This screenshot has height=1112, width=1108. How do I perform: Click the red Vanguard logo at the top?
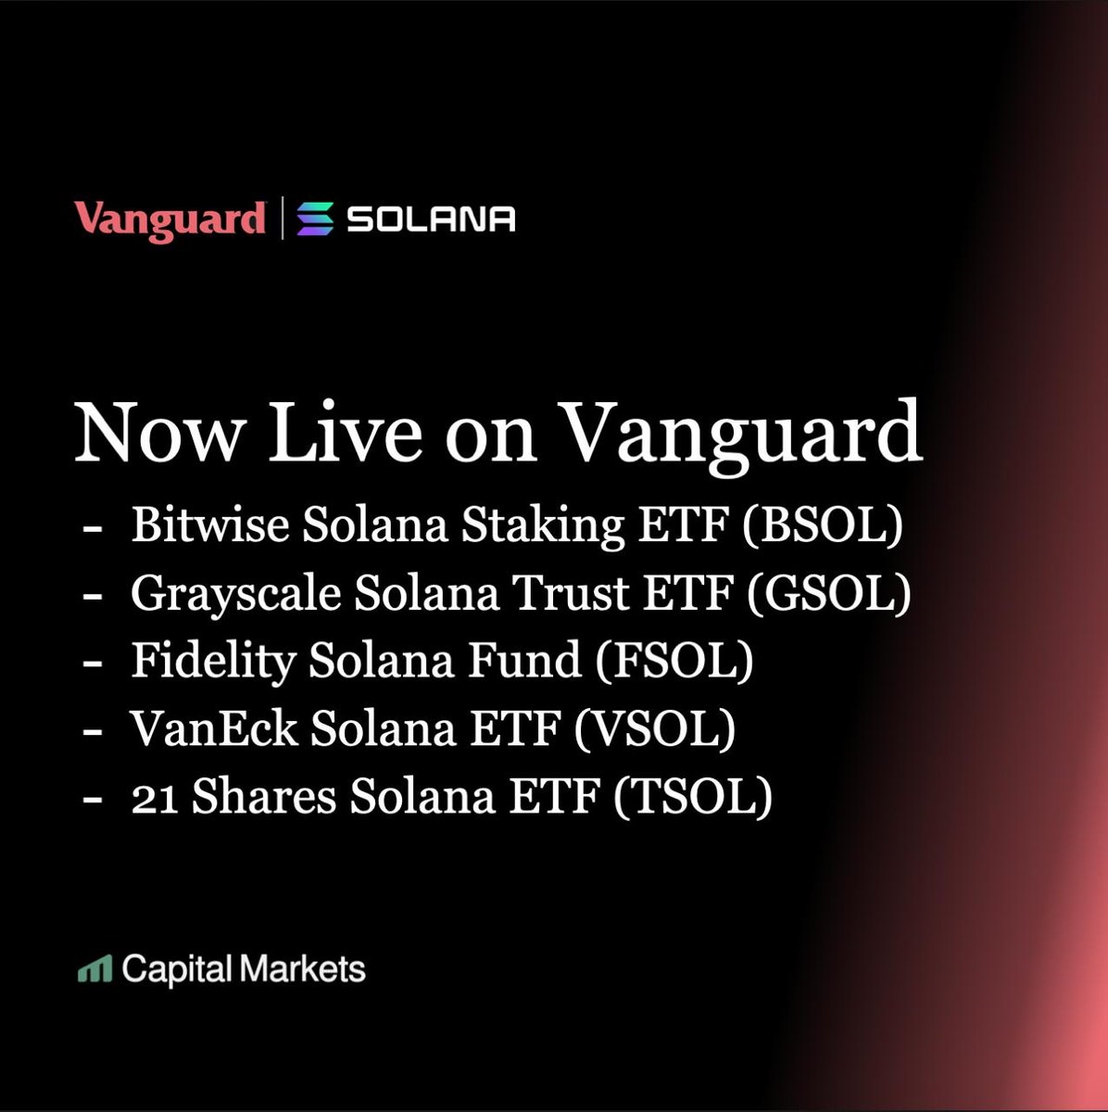[170, 221]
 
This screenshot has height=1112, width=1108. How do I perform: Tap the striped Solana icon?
[315, 219]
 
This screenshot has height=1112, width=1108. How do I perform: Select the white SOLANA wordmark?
[431, 220]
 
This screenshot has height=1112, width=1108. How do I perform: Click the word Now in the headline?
[159, 432]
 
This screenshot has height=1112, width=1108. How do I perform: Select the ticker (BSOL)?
[823, 525]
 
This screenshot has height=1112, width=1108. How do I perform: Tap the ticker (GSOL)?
[829, 593]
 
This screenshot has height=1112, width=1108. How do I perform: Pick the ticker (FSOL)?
[674, 661]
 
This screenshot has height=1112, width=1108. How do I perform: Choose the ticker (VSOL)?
[654, 729]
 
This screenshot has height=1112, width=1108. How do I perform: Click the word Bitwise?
[210, 524]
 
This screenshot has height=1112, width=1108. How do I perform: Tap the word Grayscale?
[235, 594]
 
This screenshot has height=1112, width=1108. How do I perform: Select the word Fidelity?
[213, 662]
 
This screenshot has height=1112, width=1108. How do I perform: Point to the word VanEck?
[213, 729]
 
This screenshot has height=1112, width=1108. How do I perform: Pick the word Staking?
[543, 526]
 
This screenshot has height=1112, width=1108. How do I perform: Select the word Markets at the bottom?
[303, 969]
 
